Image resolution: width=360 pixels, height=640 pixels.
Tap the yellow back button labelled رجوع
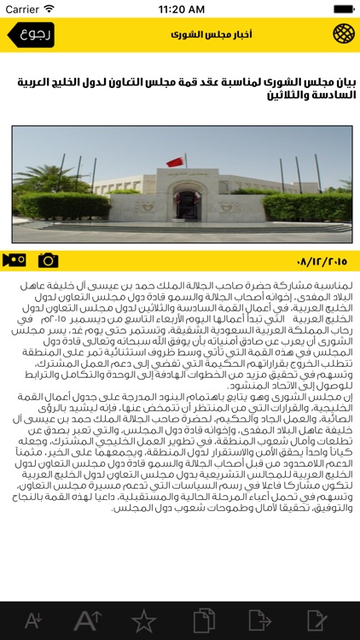31,35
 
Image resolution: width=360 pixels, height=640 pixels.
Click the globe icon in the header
342,35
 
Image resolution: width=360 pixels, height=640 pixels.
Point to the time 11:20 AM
180,9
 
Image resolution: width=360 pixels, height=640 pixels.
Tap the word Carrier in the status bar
22,9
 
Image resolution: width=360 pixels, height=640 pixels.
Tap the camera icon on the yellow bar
49,259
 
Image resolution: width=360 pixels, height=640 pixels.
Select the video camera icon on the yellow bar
15,259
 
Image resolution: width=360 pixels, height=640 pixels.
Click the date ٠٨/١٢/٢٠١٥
321,260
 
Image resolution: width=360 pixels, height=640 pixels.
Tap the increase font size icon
88,620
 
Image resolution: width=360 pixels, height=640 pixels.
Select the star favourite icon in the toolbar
143,620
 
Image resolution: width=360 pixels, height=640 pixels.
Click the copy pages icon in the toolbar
203,620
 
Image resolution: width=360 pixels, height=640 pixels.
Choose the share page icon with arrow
259,620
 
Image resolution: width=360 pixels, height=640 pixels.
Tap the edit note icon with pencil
316,620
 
